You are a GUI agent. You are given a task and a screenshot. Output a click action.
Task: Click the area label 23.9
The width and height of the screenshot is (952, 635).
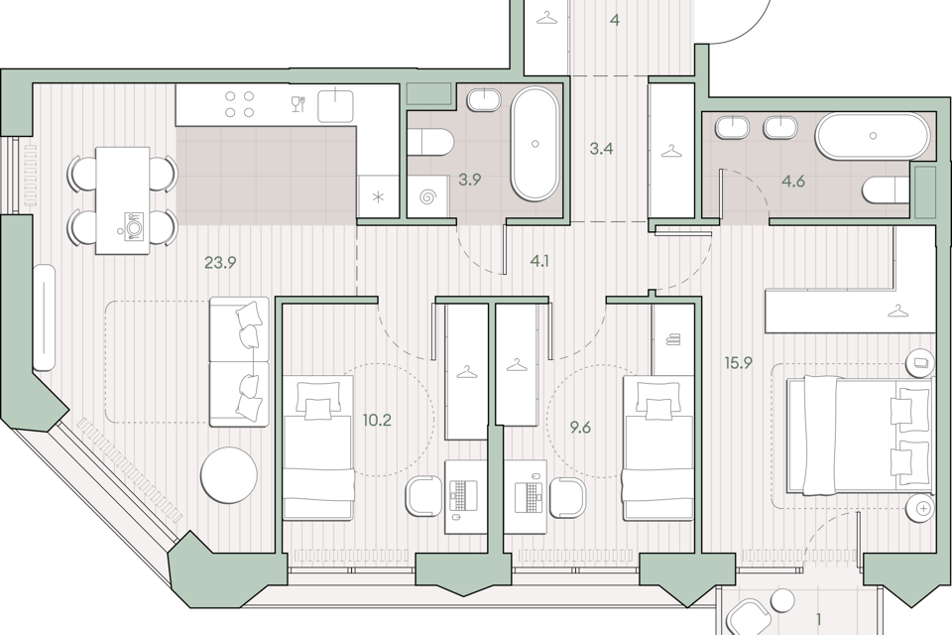[220, 263]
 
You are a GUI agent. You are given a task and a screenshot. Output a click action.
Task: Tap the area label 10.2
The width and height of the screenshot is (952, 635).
[377, 420]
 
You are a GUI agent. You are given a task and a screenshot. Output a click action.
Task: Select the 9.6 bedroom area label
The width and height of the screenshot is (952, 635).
[580, 428]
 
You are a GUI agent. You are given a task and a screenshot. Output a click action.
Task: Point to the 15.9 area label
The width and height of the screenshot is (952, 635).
[738, 363]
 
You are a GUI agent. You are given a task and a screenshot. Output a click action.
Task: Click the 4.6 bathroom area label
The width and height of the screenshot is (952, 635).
[793, 182]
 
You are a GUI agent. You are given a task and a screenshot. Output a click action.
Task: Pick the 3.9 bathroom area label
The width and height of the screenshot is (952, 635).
[469, 180]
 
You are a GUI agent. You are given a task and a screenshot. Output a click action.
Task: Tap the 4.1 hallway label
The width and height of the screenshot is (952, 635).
[539, 262]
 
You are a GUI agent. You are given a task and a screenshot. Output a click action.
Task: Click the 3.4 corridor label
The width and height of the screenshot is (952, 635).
[601, 148]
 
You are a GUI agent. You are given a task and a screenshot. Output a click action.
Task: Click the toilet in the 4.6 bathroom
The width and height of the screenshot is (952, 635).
[886, 190]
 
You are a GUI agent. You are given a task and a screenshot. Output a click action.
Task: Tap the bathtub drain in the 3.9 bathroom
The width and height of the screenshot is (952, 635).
[535, 144]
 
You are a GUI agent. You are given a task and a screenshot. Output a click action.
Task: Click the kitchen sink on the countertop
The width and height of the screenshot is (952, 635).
[336, 104]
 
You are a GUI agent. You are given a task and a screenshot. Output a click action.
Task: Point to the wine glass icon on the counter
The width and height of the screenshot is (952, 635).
[297, 104]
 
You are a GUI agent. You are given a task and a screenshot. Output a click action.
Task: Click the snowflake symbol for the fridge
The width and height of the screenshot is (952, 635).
[378, 196]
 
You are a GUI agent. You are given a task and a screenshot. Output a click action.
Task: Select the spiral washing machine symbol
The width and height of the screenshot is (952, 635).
[426, 196]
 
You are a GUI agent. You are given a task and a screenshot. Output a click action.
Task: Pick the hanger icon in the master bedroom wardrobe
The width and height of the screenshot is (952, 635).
[896, 312]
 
